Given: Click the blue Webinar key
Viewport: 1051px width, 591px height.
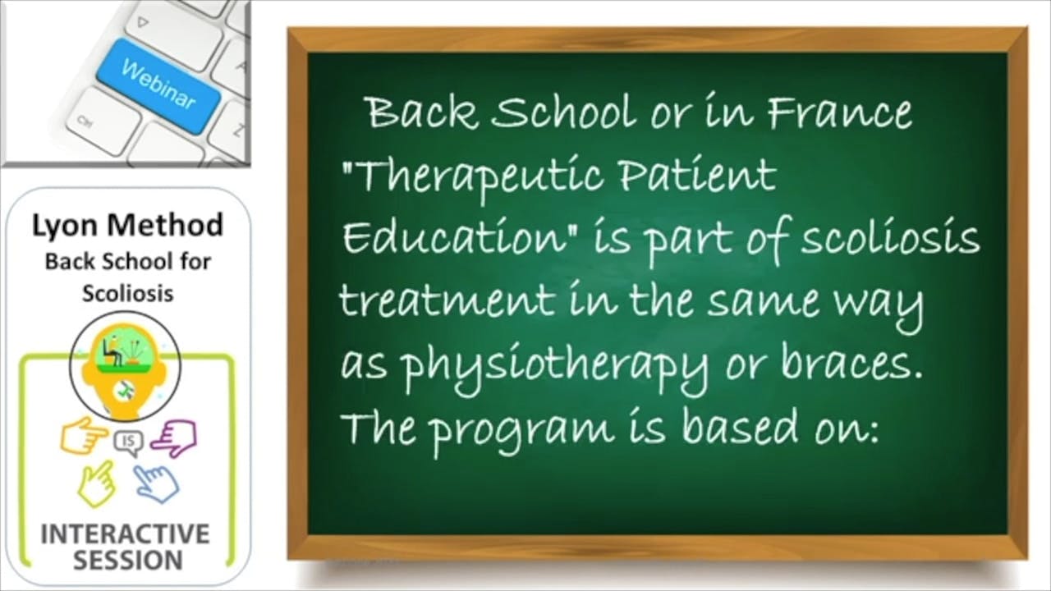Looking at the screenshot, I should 158,85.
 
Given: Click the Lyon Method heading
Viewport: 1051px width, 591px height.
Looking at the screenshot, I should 127,225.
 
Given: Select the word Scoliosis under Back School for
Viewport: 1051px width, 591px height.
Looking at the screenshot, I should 127,293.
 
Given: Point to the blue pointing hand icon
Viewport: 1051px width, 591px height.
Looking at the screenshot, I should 157,483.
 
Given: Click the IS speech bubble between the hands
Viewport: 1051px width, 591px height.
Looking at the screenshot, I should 128,443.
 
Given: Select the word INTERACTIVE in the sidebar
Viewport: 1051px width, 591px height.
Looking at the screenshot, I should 125,534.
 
